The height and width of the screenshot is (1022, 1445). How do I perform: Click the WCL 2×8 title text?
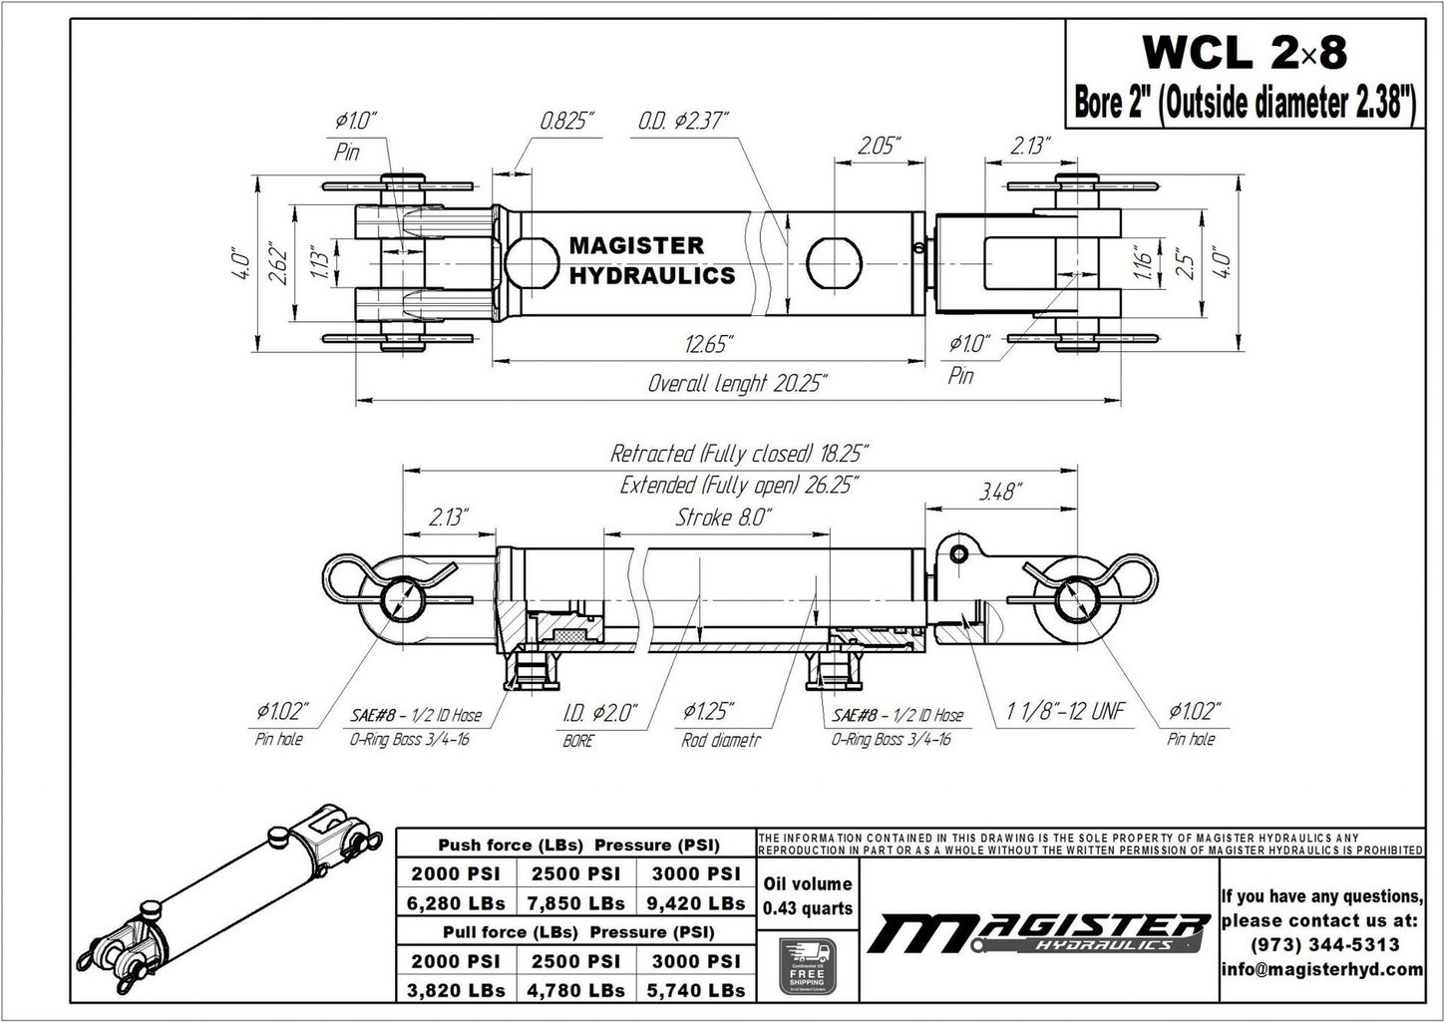coord(1244,53)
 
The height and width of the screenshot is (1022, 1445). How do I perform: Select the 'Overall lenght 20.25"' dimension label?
coord(737,383)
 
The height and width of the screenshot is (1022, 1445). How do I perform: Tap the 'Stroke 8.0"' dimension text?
coord(723,516)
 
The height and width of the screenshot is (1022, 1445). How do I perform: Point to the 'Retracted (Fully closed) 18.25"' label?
coord(739,454)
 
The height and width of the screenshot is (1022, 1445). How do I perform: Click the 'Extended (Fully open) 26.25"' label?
coord(739,486)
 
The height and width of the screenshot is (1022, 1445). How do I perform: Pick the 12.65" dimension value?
coord(709,345)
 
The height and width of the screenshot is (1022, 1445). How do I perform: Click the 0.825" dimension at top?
coord(566,122)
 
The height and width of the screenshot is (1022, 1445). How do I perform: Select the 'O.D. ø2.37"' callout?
coord(683,122)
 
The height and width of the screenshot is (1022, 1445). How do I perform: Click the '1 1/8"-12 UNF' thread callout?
coord(1065,711)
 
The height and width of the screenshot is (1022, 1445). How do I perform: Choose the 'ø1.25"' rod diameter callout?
coord(709,711)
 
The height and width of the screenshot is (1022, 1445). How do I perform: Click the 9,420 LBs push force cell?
coord(696,903)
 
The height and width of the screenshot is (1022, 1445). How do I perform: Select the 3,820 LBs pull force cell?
coord(456,990)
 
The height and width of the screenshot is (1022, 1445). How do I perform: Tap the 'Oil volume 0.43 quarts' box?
coord(807,895)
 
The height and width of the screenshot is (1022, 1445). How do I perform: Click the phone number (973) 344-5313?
coord(1321,944)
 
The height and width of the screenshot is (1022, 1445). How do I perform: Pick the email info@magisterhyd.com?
coord(1321,969)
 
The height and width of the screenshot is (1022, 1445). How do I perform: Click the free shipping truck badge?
coord(806,966)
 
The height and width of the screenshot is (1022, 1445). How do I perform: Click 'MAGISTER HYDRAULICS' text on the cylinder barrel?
coord(651,260)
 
